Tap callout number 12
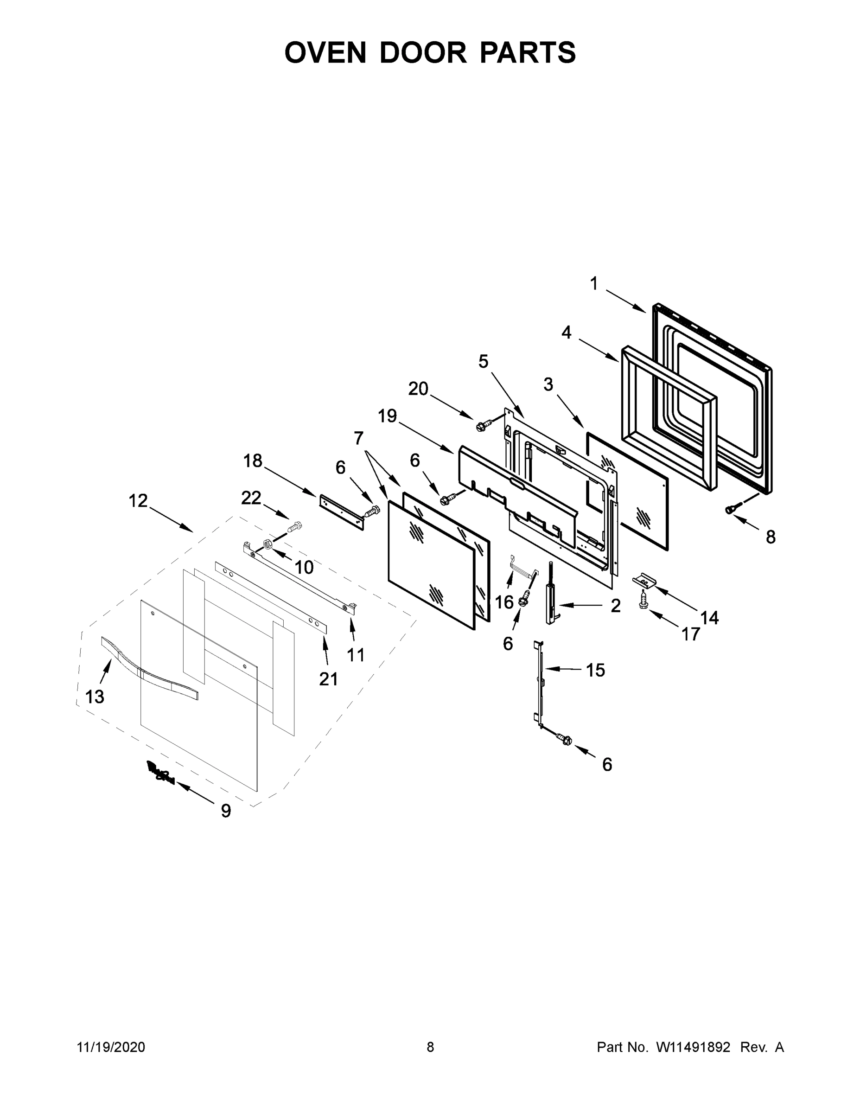pos(138,501)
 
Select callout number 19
pos(387,416)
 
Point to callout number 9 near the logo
pos(226,811)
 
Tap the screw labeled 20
pos(483,424)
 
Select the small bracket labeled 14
pos(644,579)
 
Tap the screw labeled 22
pos(294,526)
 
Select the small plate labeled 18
pos(342,512)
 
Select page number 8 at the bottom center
pos(430,1047)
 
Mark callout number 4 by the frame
pos(566,333)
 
